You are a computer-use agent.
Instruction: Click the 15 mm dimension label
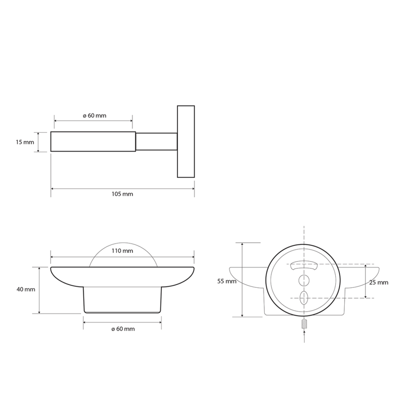[25, 142]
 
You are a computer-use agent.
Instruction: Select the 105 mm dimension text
[122, 194]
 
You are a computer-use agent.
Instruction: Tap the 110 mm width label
[122, 251]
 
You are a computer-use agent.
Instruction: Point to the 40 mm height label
[26, 289]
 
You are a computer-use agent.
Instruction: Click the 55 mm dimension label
[227, 281]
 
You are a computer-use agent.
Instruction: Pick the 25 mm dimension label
[379, 282]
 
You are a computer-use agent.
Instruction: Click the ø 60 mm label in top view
[94, 116]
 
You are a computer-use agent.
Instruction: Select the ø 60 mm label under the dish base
[123, 329]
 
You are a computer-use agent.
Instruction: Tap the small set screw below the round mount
[304, 324]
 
